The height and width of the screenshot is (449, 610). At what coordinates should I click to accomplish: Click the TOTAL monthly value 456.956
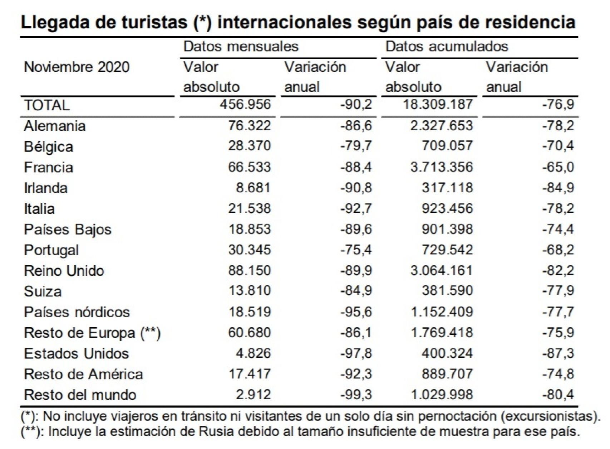coord(245,105)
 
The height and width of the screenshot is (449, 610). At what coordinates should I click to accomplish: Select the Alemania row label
coord(55,126)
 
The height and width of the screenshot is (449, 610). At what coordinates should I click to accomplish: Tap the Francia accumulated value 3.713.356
coord(442,167)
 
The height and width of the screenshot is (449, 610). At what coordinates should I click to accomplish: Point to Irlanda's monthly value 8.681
coord(253,188)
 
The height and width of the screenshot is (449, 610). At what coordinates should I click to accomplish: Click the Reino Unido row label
coord(64,271)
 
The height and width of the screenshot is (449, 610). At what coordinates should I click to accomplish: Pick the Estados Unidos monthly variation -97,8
coord(356,354)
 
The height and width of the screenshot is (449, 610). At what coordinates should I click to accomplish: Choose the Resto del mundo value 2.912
coord(253,395)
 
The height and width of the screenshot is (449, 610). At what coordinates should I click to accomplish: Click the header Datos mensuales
coord(241,46)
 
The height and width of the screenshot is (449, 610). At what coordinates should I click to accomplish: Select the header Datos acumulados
coord(447,46)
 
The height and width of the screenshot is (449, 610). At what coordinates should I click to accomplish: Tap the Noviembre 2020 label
coord(77,67)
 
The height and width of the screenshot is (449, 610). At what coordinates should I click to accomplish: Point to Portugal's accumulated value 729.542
coord(447,250)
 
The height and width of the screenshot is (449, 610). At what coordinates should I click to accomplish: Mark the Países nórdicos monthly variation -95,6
coord(356,312)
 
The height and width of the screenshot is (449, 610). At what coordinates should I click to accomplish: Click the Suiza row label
coord(43,291)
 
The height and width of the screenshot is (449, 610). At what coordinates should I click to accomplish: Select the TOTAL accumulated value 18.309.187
coord(437,105)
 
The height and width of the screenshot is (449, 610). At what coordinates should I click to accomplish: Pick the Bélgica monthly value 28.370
coord(250,146)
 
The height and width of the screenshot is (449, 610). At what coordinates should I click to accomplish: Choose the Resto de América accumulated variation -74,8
coord(558,374)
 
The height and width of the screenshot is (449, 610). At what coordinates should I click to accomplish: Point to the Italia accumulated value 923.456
coord(447,208)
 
